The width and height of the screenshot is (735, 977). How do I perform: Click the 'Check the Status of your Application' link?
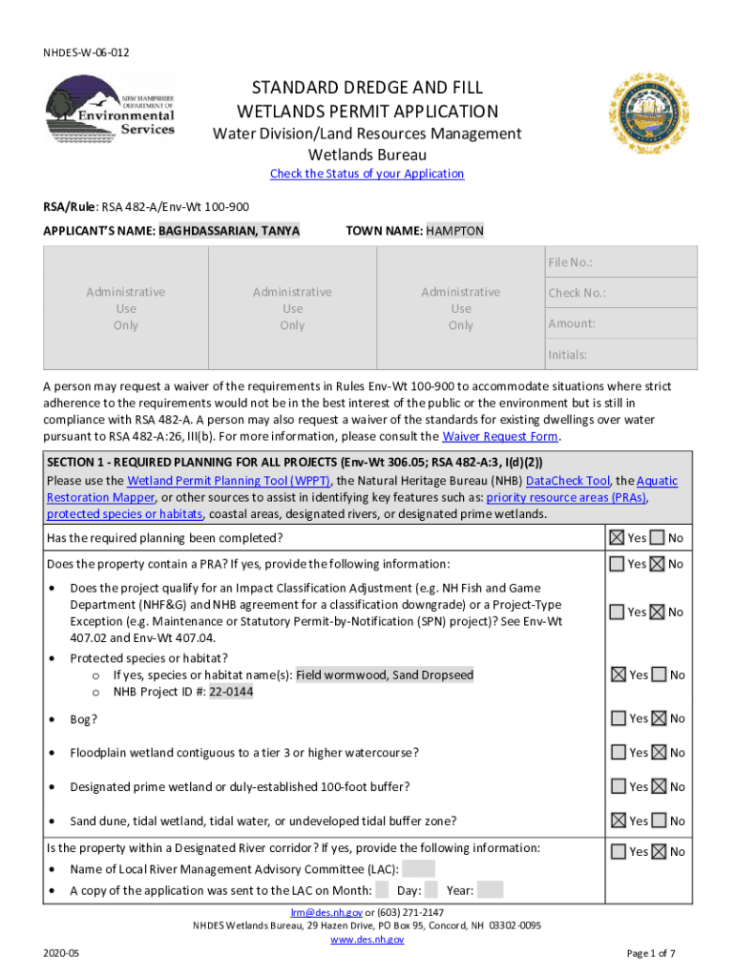pos(367,174)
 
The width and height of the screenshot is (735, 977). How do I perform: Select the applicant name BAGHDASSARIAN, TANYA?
pos(229,231)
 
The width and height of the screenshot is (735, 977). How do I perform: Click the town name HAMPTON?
pos(455,231)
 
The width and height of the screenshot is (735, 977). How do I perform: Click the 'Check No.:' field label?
pos(577,293)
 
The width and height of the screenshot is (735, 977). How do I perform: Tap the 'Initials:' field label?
pos(567,355)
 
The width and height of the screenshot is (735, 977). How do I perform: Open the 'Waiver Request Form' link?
pos(499,437)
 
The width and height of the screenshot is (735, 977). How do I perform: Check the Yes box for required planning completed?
pos(618,538)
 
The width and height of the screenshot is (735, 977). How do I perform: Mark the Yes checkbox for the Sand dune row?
pos(618,821)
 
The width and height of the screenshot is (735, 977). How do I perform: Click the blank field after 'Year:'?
pos(490,890)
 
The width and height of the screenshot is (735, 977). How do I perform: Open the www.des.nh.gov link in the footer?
pos(367,940)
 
